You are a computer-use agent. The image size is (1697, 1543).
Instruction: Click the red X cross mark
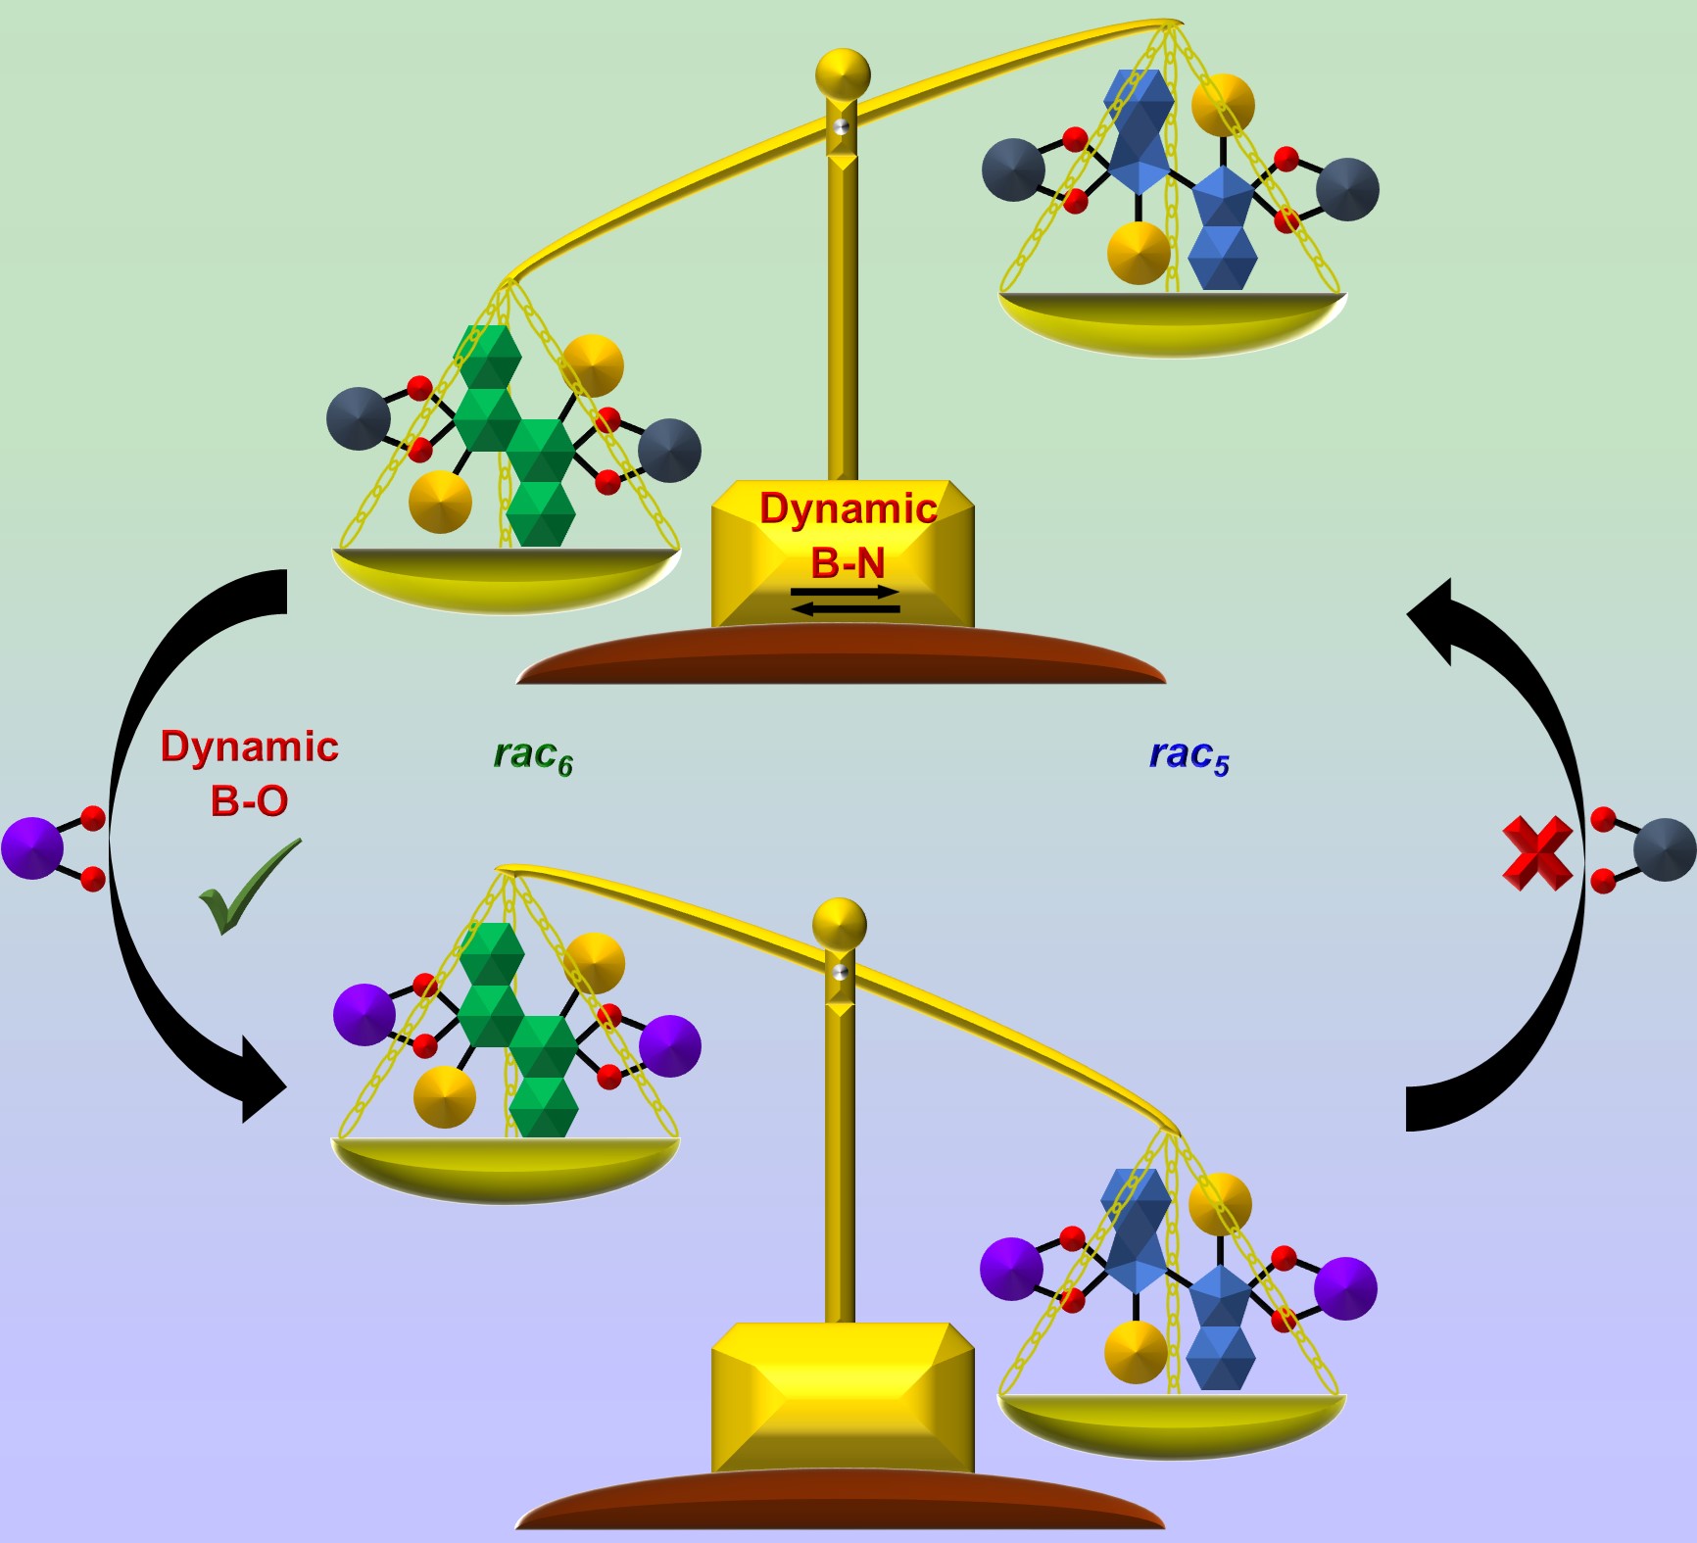(1537, 853)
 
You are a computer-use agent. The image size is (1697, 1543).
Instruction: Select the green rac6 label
(533, 756)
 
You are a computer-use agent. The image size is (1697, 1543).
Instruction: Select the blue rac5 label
(1188, 756)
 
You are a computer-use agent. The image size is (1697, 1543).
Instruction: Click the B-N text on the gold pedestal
(848, 563)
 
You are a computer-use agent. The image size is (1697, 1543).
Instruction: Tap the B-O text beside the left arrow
(249, 801)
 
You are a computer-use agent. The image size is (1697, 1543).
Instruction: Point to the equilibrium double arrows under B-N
(845, 601)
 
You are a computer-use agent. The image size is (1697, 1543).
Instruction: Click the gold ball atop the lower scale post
(840, 924)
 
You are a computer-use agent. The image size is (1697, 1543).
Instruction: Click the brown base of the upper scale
(841, 658)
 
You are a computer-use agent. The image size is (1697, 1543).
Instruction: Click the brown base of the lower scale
(841, 1504)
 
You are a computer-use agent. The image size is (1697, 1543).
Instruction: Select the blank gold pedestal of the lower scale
(843, 1396)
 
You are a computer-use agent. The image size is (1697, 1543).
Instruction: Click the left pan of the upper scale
(506, 578)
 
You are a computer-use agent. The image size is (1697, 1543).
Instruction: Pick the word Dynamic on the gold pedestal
(848, 508)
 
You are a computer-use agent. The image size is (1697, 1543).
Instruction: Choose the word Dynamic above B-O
(250, 747)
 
